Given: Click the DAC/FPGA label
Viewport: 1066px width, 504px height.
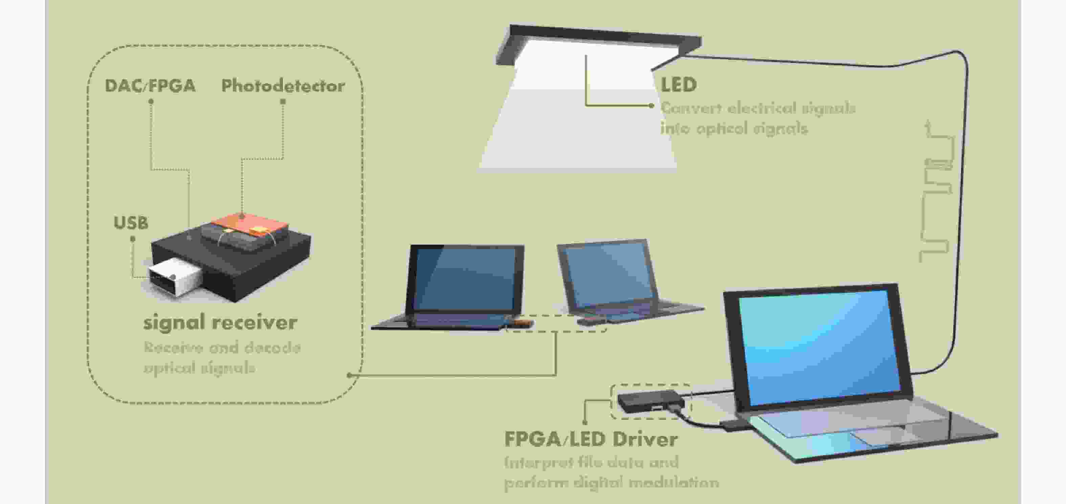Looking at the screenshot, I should [150, 86].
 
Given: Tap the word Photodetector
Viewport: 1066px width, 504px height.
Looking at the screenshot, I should [283, 86].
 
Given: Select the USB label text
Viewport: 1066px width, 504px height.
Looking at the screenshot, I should [131, 223].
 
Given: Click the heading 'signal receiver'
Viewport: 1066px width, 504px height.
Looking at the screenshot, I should [220, 322].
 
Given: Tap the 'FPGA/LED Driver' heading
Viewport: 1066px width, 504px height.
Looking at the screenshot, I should [591, 439].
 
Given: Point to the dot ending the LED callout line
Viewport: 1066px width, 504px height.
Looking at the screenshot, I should [651, 106].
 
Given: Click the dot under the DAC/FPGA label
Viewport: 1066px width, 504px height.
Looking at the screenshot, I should [151, 101].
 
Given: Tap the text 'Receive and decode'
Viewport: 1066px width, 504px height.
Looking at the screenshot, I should [222, 347].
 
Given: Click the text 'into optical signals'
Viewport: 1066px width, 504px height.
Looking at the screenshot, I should [734, 128].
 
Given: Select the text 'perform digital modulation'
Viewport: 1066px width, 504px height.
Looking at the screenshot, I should [611, 482].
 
